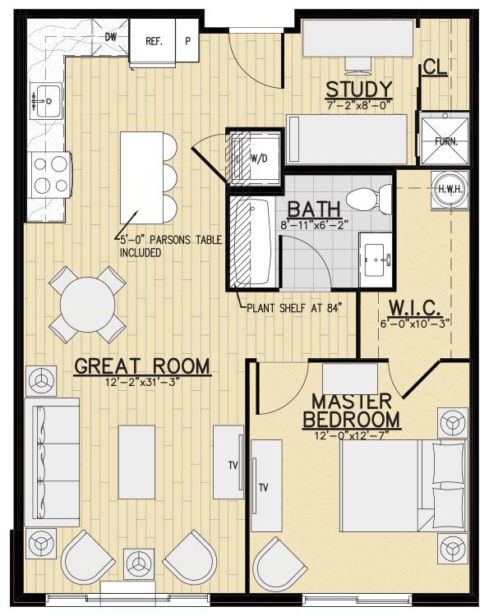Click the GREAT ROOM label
(142, 365)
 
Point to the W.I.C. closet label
(417, 309)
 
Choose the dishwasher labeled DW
(111, 37)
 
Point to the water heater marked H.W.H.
(448, 190)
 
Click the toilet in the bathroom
(367, 198)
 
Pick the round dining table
(87, 305)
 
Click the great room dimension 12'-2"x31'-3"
(143, 382)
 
